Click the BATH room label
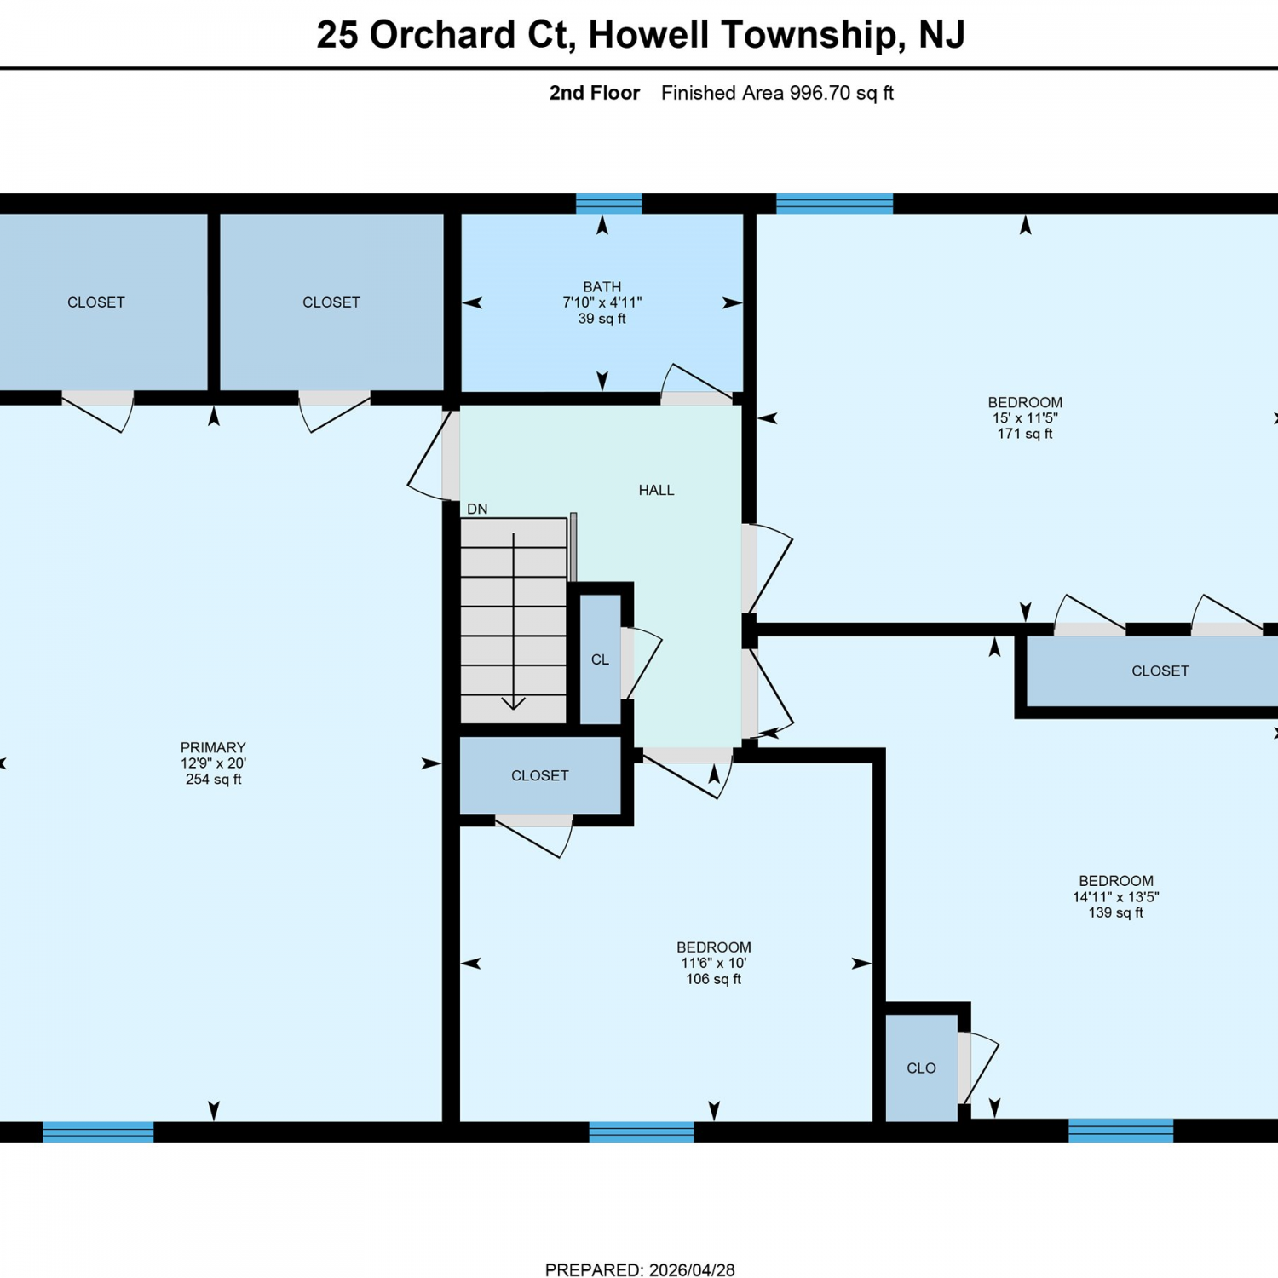click(x=602, y=287)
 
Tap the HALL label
click(x=656, y=490)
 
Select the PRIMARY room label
click(x=213, y=747)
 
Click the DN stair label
click(x=477, y=509)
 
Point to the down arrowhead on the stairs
click(x=513, y=703)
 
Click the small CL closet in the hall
click(x=601, y=659)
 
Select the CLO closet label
click(x=921, y=1068)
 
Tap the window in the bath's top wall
click(x=608, y=203)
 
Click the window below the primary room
click(x=98, y=1131)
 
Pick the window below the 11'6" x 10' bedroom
click(x=642, y=1131)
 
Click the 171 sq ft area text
click(x=1025, y=434)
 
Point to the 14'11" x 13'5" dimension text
click(x=1116, y=896)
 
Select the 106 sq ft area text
click(x=714, y=979)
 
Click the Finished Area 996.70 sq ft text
click(x=777, y=93)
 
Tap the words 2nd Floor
click(x=595, y=93)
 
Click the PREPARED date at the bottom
click(x=640, y=1269)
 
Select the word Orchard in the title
click(x=444, y=35)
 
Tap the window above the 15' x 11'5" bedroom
click(x=835, y=203)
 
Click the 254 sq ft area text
click(x=213, y=779)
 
